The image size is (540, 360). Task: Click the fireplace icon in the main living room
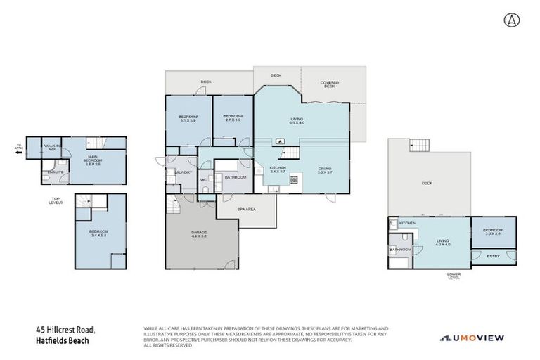coord(281,141)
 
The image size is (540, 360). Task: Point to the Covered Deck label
coord(330,84)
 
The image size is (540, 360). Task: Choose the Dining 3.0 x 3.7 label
coord(324,169)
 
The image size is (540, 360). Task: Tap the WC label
coord(203,180)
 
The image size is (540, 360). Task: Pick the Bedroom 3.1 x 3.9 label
coord(188,118)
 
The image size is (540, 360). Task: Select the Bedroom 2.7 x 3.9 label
coord(232,118)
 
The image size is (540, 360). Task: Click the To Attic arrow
coord(19,148)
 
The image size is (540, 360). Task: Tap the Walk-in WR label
coord(51,148)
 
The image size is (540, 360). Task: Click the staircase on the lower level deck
coord(419,146)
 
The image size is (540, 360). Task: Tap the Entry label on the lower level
coord(494,256)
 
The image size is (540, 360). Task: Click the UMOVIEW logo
coord(472,338)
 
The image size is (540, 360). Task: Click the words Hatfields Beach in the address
coord(64,342)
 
